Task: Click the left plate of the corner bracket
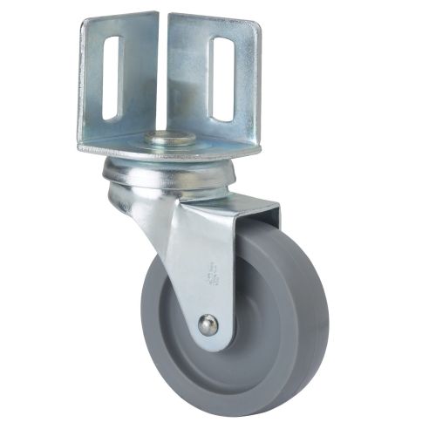click(122, 78)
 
